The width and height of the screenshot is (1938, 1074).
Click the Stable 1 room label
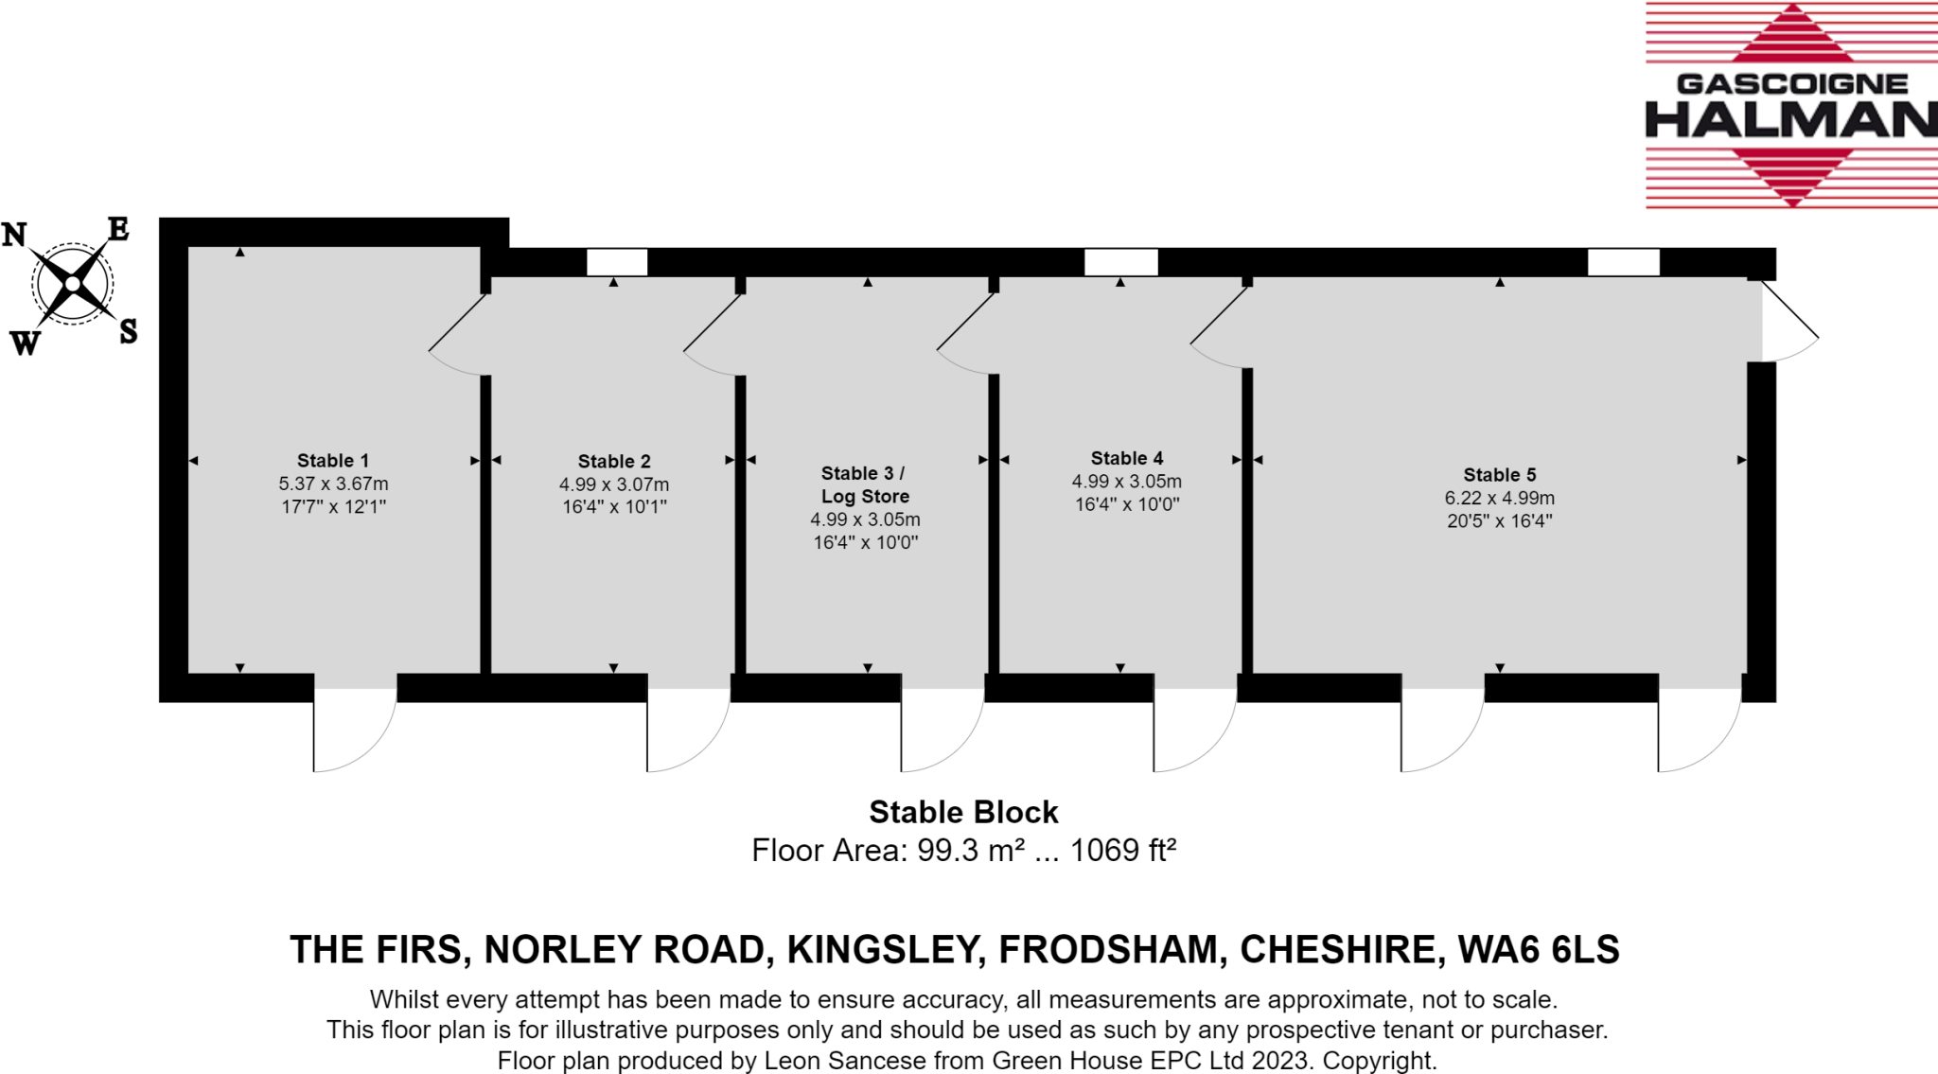(332, 461)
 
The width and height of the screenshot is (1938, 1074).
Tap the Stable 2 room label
(614, 462)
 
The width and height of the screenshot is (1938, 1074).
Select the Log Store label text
(865, 496)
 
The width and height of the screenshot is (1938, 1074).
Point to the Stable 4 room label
(1126, 458)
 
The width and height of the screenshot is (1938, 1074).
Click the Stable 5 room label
(1499, 475)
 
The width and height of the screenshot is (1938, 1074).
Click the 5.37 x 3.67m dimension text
(333, 484)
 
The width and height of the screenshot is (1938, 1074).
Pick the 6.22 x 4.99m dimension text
(1499, 498)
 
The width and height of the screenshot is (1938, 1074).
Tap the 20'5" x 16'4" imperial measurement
(1499, 520)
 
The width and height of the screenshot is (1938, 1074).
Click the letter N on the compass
(14, 235)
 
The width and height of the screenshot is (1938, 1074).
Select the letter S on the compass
(129, 331)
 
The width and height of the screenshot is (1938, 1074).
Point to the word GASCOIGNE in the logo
(1791, 84)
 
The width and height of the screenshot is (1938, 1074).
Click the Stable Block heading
(963, 812)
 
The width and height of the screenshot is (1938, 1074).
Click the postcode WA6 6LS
(1539, 949)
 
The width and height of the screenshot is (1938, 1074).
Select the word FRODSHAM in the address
(1108, 949)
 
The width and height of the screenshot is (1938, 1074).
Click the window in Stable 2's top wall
(617, 262)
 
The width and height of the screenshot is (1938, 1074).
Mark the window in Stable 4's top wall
(1120, 262)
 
